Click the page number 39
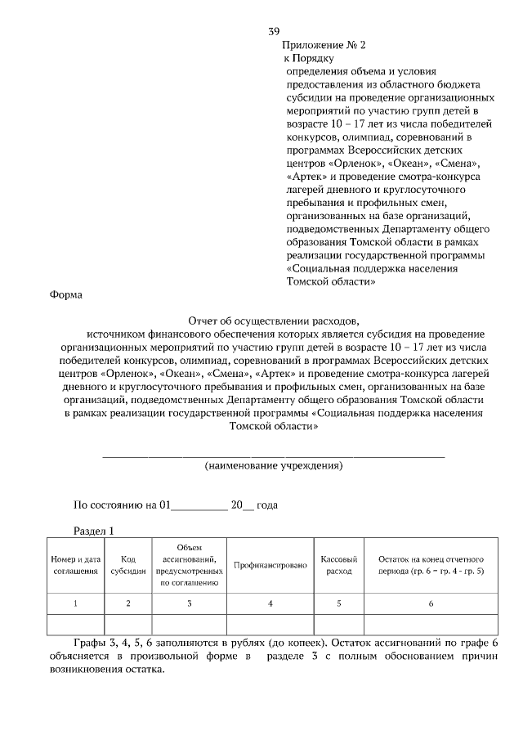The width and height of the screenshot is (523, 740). (274, 31)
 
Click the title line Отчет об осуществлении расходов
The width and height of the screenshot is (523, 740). (273, 321)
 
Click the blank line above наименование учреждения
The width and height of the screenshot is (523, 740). (273, 455)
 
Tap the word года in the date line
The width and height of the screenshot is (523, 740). (267, 505)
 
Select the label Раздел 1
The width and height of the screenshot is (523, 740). (94, 531)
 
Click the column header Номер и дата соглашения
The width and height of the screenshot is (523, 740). (76, 564)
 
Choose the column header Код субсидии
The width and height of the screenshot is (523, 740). (128, 564)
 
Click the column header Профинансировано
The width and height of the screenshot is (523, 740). (270, 565)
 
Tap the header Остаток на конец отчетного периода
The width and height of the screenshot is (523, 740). (431, 564)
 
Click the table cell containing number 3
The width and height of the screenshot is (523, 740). (189, 603)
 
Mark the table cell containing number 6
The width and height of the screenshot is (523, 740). (431, 603)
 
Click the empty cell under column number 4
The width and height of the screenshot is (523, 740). (270, 625)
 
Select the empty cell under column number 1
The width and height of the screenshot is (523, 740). (76, 625)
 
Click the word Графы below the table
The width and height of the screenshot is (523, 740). (90, 643)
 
